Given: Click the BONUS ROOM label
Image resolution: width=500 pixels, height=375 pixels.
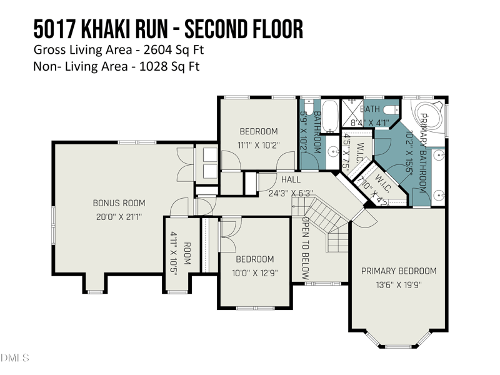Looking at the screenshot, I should coord(119,203).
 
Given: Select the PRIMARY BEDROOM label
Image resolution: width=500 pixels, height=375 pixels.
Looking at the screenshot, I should coord(399,271).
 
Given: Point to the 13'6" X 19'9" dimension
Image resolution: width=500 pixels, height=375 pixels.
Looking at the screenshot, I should coord(399,285).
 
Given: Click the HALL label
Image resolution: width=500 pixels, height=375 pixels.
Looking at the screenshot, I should coord(291,180).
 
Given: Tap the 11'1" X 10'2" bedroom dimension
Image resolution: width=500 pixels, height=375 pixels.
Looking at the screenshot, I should coord(259,145).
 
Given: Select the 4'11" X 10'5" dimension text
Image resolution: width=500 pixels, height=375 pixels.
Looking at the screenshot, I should coord(174,251).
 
